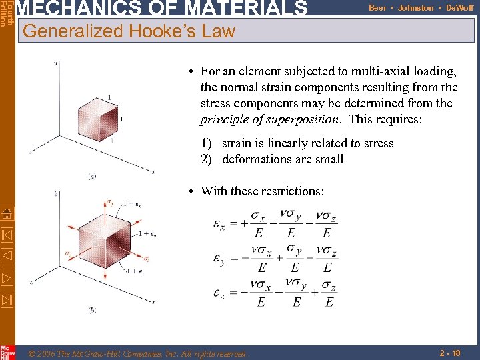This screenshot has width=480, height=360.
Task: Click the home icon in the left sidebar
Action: click(x=7, y=213)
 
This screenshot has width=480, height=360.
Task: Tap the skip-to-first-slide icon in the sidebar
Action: click(x=7, y=234)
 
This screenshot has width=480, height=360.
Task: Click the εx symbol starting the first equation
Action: click(x=219, y=224)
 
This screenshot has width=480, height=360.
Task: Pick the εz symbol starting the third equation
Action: click(x=219, y=294)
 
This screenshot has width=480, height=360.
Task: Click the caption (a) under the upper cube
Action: click(x=92, y=176)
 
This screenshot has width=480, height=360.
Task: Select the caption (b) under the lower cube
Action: click(x=92, y=310)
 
